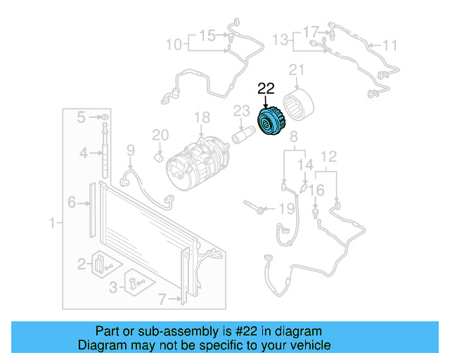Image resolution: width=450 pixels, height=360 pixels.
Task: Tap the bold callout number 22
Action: click(x=266, y=89)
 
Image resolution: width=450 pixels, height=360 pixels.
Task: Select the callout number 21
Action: click(x=297, y=70)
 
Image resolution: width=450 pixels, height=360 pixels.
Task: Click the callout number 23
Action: click(x=241, y=110)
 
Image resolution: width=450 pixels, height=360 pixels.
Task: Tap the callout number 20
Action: click(x=160, y=134)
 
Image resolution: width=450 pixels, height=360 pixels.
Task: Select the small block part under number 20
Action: click(x=160, y=155)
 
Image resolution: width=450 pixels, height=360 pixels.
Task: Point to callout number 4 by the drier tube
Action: click(x=83, y=152)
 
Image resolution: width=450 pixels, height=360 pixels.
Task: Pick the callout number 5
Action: click(x=82, y=116)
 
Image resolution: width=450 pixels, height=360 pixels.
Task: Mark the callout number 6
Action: click(x=72, y=203)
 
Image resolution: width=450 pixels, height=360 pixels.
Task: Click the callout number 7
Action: click(x=162, y=300)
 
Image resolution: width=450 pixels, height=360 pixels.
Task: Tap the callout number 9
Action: click(x=130, y=149)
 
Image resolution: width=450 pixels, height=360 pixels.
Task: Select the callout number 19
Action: click(x=286, y=208)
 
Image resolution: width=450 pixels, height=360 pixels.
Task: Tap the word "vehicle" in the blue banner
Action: click(x=311, y=345)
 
